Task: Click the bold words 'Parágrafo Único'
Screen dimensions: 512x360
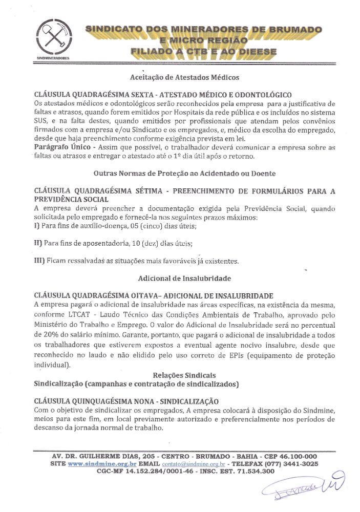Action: click(x=57, y=147)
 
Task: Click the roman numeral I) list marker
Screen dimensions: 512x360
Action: click(x=36, y=225)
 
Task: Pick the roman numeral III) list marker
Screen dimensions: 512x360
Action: click(x=39, y=261)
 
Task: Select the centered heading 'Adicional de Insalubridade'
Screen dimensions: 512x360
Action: click(x=184, y=279)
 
